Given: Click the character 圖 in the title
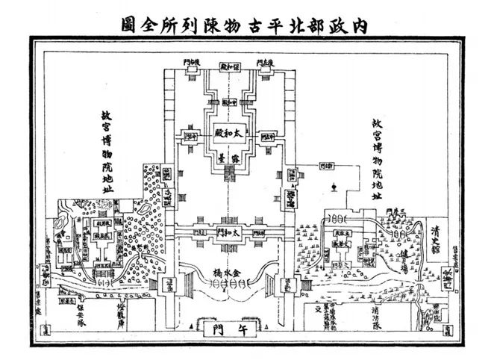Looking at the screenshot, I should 128,22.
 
